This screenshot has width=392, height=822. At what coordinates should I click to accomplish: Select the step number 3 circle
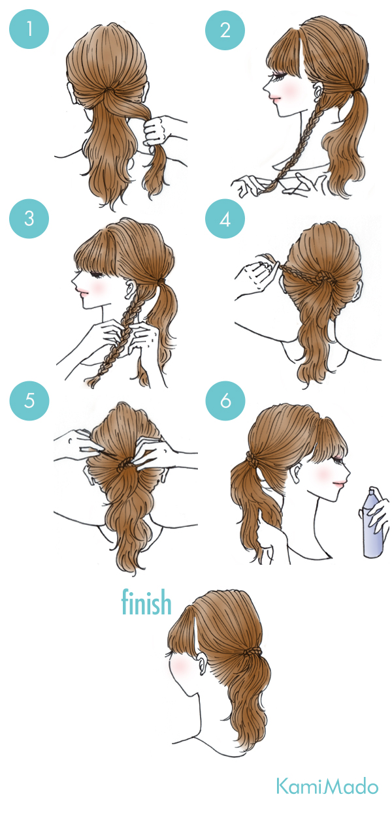[29, 218]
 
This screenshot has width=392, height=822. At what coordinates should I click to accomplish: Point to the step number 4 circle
[225, 218]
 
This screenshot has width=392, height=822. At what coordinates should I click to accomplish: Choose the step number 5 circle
[29, 400]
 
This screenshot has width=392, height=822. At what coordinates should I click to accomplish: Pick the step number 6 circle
[225, 400]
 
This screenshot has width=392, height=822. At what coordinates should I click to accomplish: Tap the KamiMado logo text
[327, 786]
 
